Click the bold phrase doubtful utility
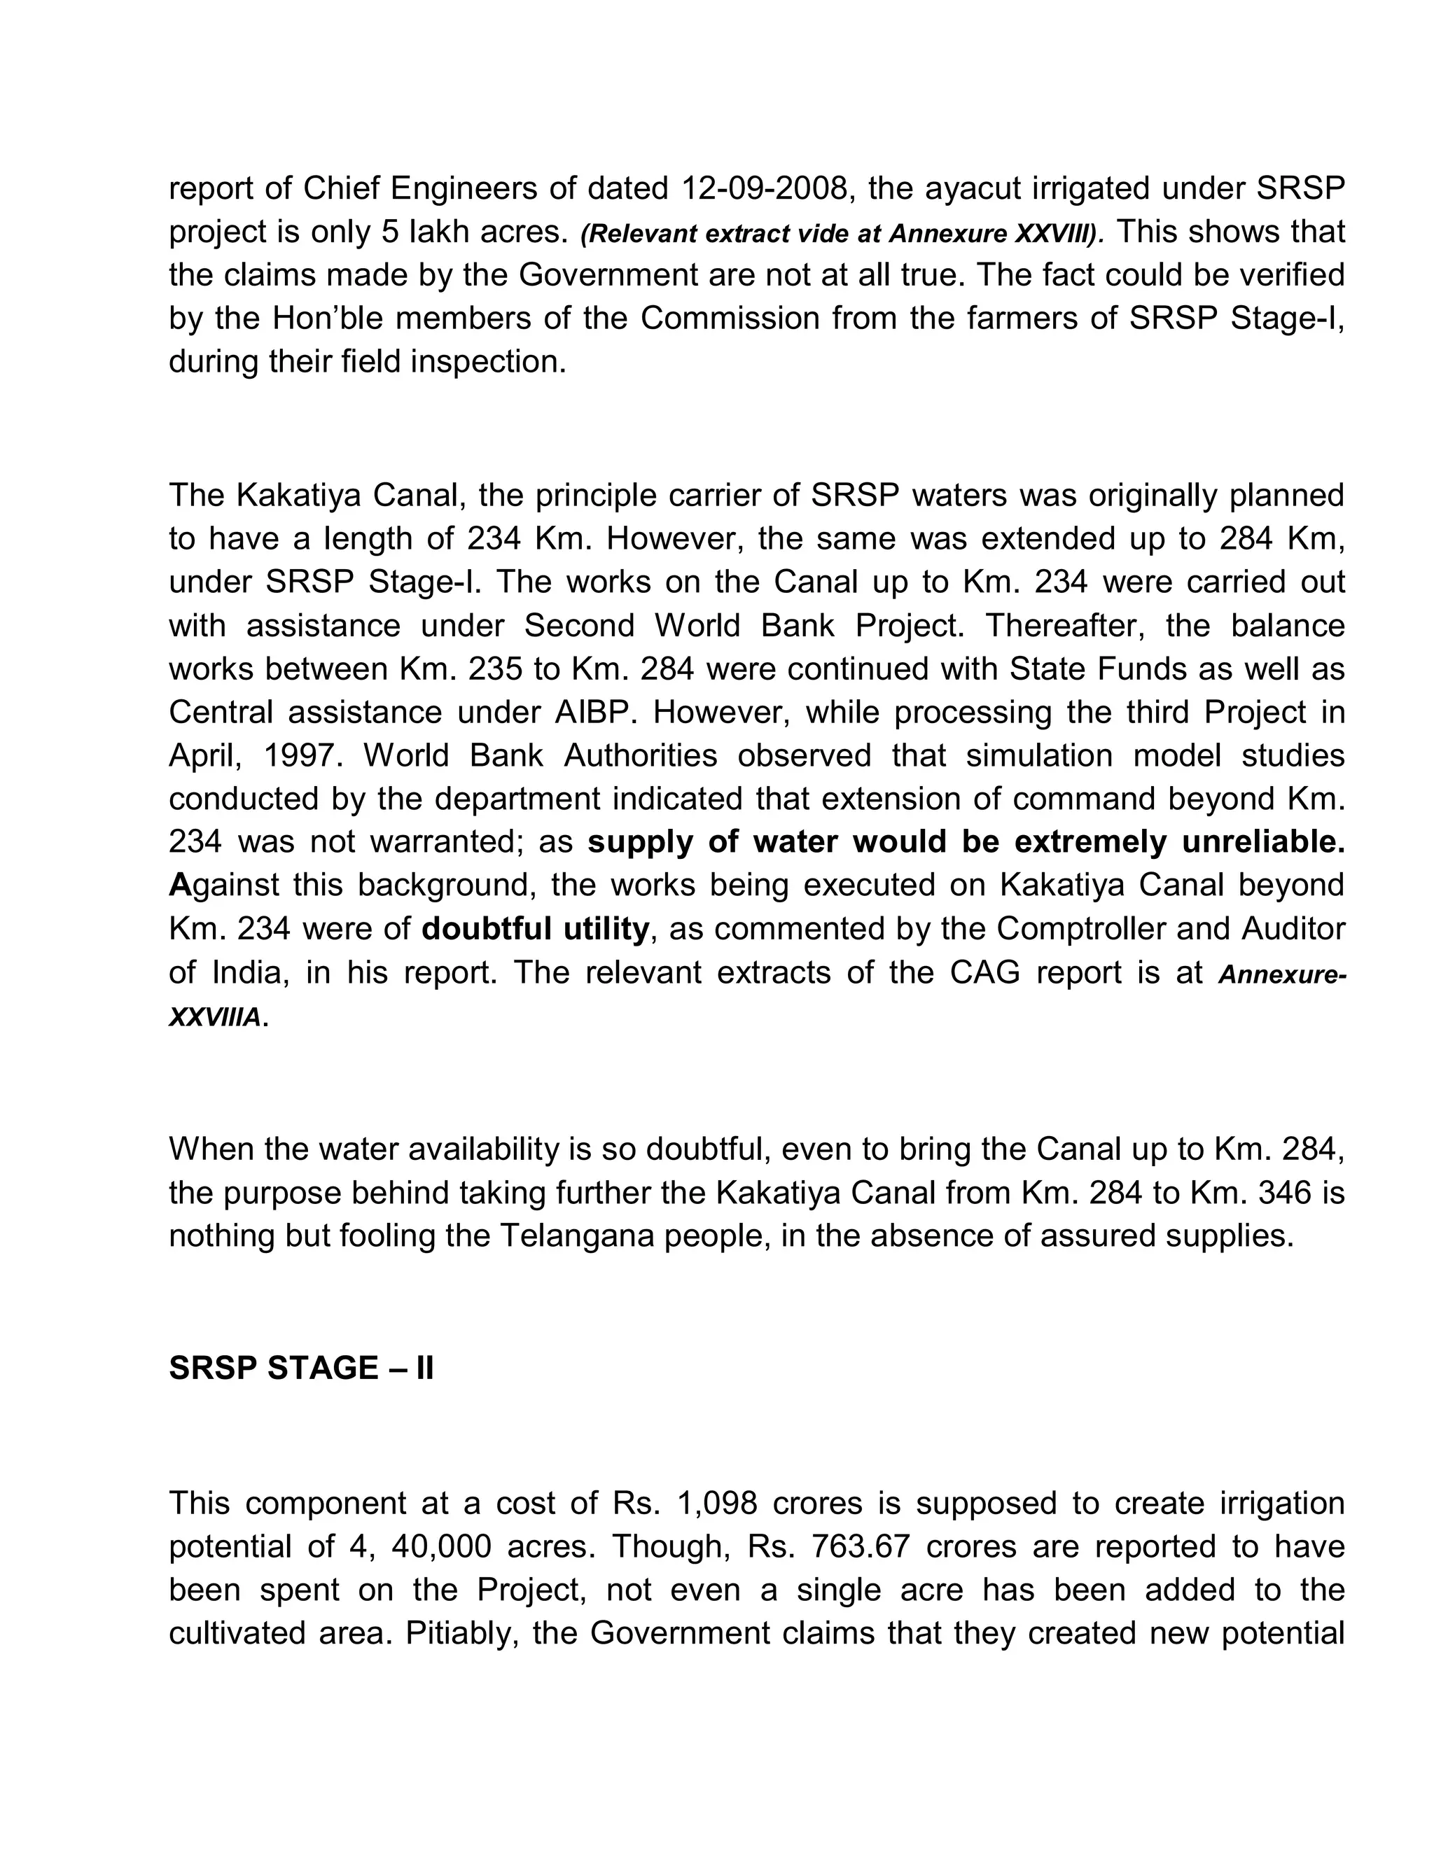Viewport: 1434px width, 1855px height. [535, 929]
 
